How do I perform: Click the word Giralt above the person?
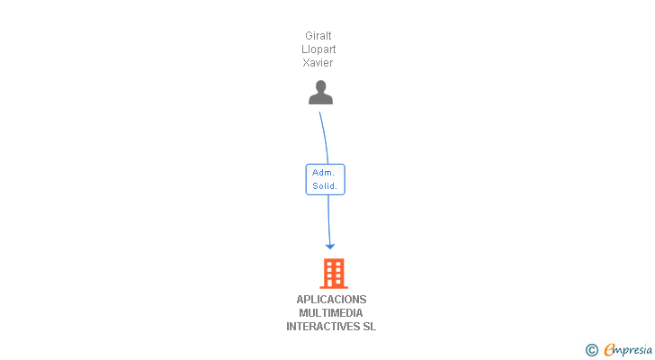[319, 36]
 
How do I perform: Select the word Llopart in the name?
[319, 49]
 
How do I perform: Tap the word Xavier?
[319, 63]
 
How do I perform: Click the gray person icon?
[320, 92]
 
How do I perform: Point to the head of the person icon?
[320, 86]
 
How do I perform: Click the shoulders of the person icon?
[320, 99]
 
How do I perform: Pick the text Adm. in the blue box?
[324, 173]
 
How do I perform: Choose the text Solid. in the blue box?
[325, 186]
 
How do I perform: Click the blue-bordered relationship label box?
[325, 179]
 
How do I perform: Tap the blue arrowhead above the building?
[330, 246]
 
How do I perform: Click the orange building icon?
[333, 273]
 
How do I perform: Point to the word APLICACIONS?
[331, 300]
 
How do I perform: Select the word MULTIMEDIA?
[331, 313]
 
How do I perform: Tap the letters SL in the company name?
[369, 327]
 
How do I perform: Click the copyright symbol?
[591, 350]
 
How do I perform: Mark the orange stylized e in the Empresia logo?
[609, 350]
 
